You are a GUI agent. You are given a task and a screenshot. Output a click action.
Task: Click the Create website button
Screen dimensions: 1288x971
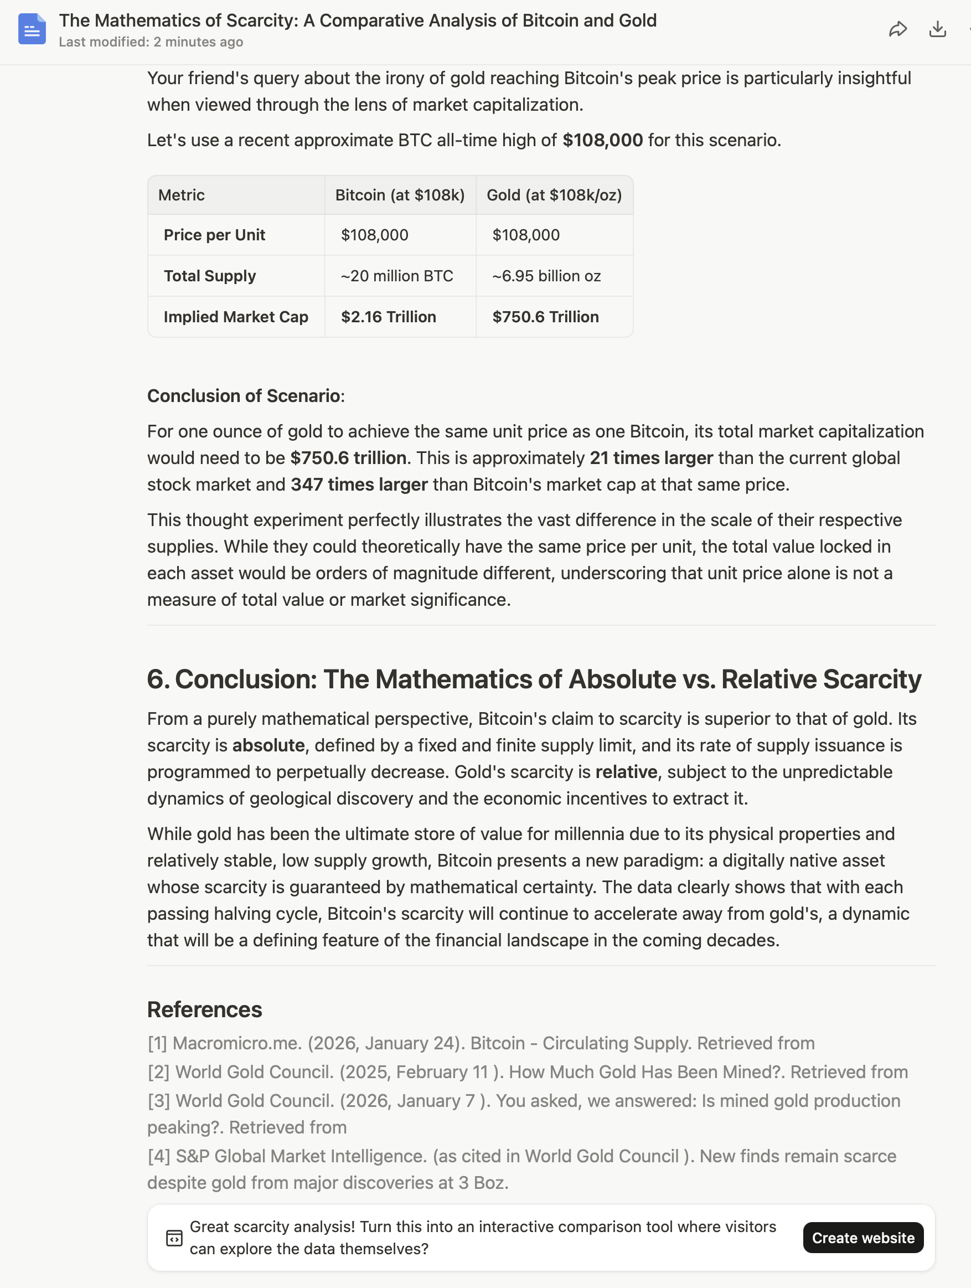coord(862,1238)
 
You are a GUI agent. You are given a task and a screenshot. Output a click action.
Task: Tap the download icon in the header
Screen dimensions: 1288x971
coord(937,29)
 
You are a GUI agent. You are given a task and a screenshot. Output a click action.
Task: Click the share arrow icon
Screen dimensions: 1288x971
coord(898,29)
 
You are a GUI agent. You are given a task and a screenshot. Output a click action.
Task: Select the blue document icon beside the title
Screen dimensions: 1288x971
coord(32,29)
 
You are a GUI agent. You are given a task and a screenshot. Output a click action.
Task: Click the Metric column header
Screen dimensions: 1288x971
coord(182,195)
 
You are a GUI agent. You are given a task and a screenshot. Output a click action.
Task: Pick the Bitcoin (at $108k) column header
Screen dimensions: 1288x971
coord(400,195)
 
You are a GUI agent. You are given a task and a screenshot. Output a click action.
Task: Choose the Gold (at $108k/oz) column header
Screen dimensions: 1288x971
coord(554,195)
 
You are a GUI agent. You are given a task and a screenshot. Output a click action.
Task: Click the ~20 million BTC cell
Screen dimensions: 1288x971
coord(397,276)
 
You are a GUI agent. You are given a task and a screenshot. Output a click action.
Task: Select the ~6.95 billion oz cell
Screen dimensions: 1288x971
coord(546,276)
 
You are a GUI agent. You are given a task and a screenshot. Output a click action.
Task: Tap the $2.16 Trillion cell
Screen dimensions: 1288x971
coord(388,317)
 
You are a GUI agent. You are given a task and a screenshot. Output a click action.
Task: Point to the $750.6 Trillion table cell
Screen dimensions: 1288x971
coord(545,317)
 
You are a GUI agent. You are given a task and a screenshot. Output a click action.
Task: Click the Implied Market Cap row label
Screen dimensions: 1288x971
coord(236,317)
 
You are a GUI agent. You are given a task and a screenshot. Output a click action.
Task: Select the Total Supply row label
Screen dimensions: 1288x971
coord(210,276)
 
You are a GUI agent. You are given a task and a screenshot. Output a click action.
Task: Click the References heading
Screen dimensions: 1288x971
coord(204,1009)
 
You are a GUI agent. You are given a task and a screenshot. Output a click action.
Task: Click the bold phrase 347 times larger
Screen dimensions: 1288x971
coord(359,485)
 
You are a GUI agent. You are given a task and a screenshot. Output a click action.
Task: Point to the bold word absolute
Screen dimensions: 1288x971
coord(268,745)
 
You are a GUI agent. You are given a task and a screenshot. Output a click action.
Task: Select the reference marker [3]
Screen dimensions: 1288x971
coord(158,1100)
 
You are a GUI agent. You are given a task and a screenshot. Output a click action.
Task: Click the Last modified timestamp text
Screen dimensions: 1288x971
coord(151,42)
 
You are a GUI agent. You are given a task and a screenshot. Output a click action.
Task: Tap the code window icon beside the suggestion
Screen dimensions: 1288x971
coord(174,1238)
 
